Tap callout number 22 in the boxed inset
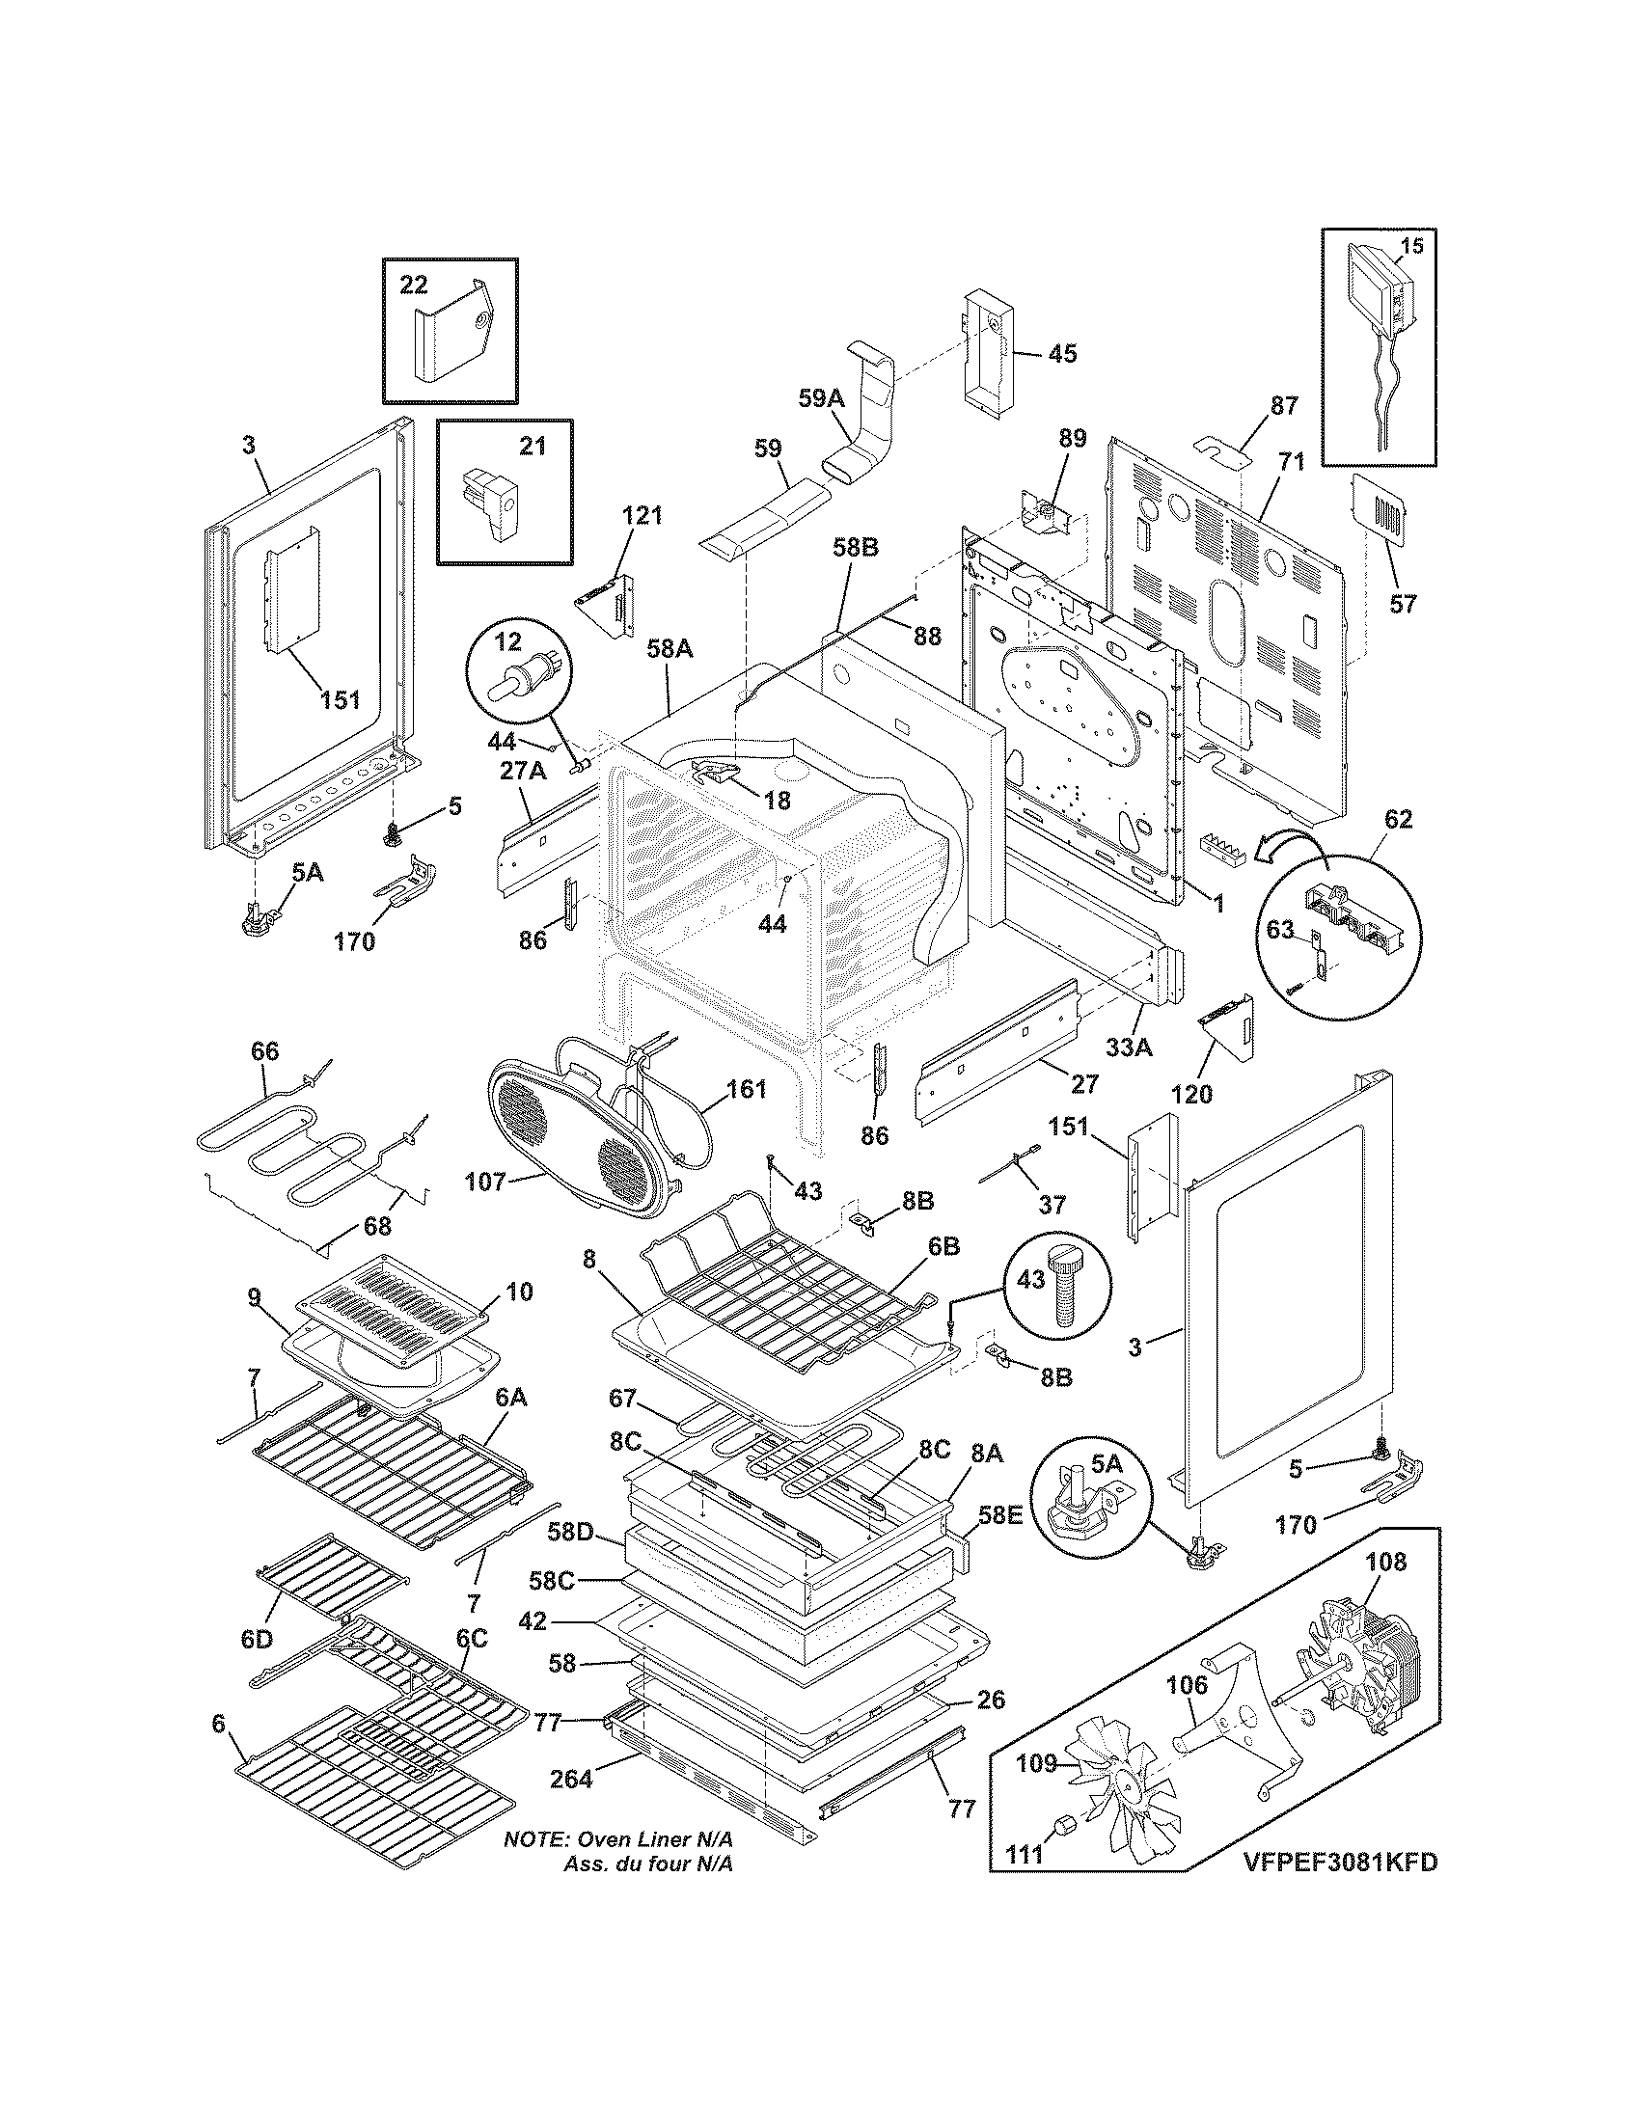[x=414, y=284]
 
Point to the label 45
[x=1063, y=354]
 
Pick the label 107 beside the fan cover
[x=485, y=1182]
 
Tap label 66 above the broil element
[x=264, y=1051]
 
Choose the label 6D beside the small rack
[x=257, y=1641]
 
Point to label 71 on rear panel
[x=1289, y=462]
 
